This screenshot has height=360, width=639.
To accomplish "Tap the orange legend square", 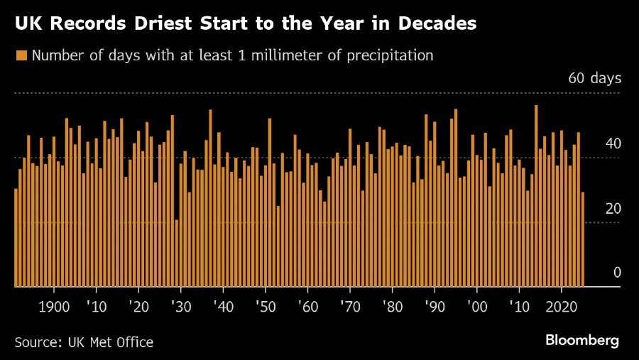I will coord(21,55).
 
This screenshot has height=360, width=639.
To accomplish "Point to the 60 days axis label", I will coord(594,78).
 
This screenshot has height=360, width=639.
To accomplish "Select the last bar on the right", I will coord(583,239).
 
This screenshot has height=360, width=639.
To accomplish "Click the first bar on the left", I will coord(16,237).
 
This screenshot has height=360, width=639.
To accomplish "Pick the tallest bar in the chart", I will coord(536,196).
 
